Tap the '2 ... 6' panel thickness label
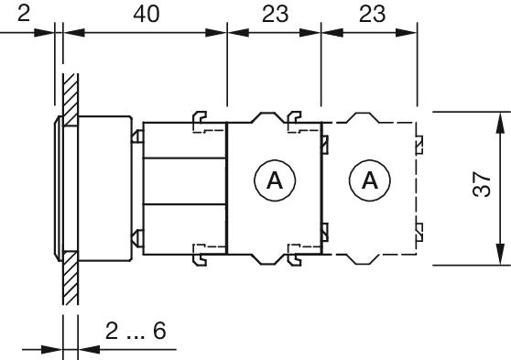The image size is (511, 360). (135, 331)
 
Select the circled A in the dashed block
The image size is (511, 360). (370, 181)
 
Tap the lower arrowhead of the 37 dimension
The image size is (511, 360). (500, 258)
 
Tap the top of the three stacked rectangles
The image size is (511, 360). (184, 139)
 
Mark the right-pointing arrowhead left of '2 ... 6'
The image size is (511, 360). (52, 349)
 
